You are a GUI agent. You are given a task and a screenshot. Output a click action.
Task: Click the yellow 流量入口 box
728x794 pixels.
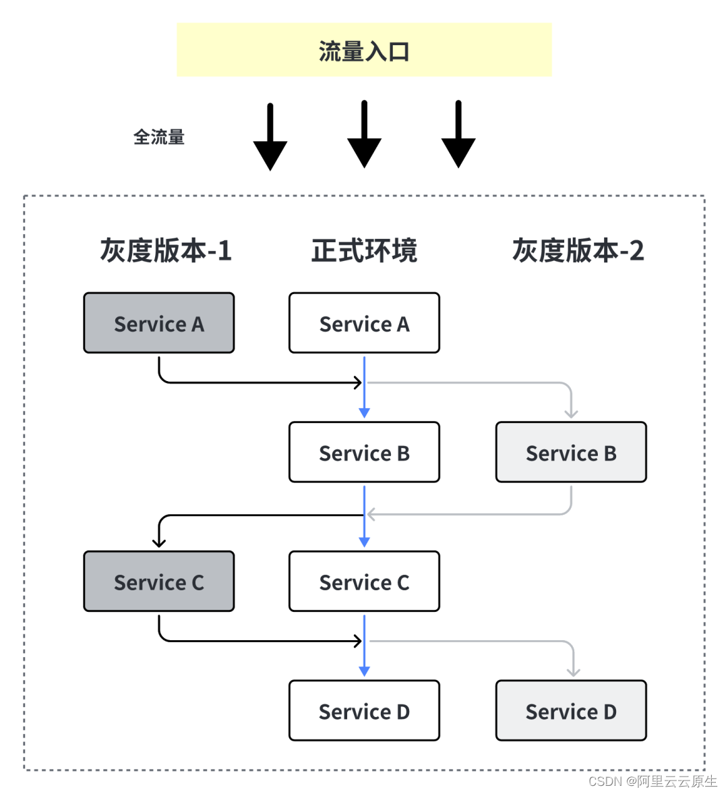[x=364, y=50]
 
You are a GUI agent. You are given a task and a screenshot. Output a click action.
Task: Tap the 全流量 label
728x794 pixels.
[x=159, y=137]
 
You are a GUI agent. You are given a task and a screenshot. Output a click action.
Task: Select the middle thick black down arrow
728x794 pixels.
[x=364, y=135]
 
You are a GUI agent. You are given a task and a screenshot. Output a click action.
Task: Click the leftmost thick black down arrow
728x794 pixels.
[x=270, y=138]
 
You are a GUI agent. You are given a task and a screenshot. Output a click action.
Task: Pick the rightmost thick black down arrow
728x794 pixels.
[x=458, y=135]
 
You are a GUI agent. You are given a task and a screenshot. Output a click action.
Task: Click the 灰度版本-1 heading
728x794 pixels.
[x=165, y=250]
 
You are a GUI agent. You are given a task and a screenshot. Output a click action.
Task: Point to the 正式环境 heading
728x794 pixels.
[x=364, y=250]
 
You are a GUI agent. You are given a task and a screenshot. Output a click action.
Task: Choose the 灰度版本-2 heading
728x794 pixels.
[x=578, y=250]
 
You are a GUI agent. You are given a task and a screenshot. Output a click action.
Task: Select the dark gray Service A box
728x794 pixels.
[x=159, y=323]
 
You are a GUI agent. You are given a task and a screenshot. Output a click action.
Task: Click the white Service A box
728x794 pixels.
[x=364, y=323]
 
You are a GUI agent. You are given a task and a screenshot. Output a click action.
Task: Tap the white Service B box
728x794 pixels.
[x=364, y=453]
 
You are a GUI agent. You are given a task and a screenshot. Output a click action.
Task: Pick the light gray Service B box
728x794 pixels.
[x=571, y=453]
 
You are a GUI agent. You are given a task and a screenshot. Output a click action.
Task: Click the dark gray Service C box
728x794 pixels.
[x=159, y=582]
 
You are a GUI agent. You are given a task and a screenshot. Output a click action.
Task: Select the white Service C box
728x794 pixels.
[x=364, y=582]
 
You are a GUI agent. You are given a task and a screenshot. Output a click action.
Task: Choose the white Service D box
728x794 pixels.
[x=364, y=711]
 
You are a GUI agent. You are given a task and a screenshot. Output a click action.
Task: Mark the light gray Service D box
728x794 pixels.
[x=571, y=711]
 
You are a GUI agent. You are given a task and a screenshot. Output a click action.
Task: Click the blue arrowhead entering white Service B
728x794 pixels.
[x=364, y=413]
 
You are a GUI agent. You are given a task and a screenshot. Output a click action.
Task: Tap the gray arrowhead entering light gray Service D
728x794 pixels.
[x=573, y=672]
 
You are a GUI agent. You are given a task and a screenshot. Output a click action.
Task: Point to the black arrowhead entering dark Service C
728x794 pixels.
[x=159, y=542]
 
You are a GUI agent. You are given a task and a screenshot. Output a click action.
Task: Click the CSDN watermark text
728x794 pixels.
[x=652, y=781]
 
